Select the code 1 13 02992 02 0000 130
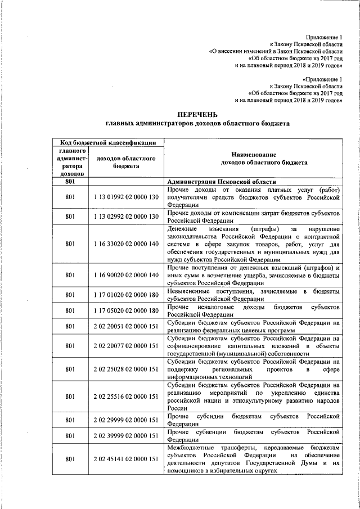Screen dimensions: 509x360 tap(126, 216)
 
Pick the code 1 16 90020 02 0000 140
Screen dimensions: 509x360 tap(126, 275)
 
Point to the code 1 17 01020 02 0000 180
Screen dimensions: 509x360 tap(126, 295)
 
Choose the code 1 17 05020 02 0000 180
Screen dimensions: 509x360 tap(126, 310)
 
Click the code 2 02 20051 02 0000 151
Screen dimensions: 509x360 tap(126, 326)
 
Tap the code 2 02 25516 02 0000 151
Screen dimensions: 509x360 tap(126, 397)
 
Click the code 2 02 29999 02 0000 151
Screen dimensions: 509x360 tap(126, 420)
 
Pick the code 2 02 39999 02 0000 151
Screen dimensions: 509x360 tap(126, 435)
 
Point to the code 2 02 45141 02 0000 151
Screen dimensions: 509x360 tap(126, 459)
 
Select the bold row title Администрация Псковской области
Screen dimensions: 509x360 tap(221, 182)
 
